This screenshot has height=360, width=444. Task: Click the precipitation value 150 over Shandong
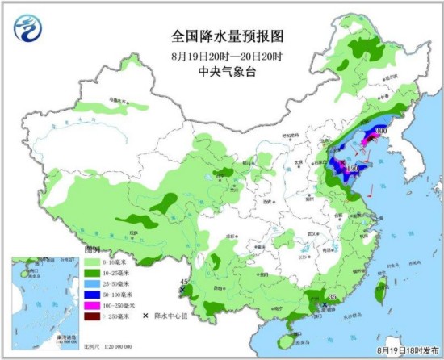pos(352,169)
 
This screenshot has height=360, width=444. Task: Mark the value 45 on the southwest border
pos(184,283)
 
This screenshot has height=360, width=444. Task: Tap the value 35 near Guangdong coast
pos(331,299)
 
